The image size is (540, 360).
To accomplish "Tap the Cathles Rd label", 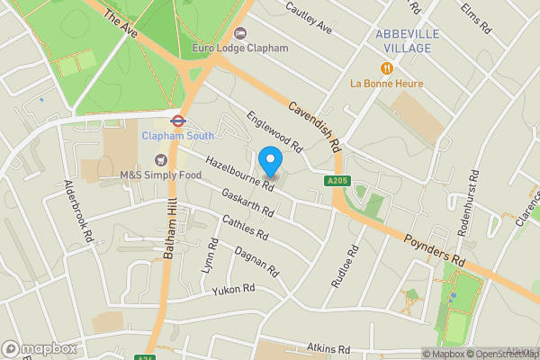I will (x=246, y=229).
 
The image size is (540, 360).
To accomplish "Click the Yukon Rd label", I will (x=234, y=290).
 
